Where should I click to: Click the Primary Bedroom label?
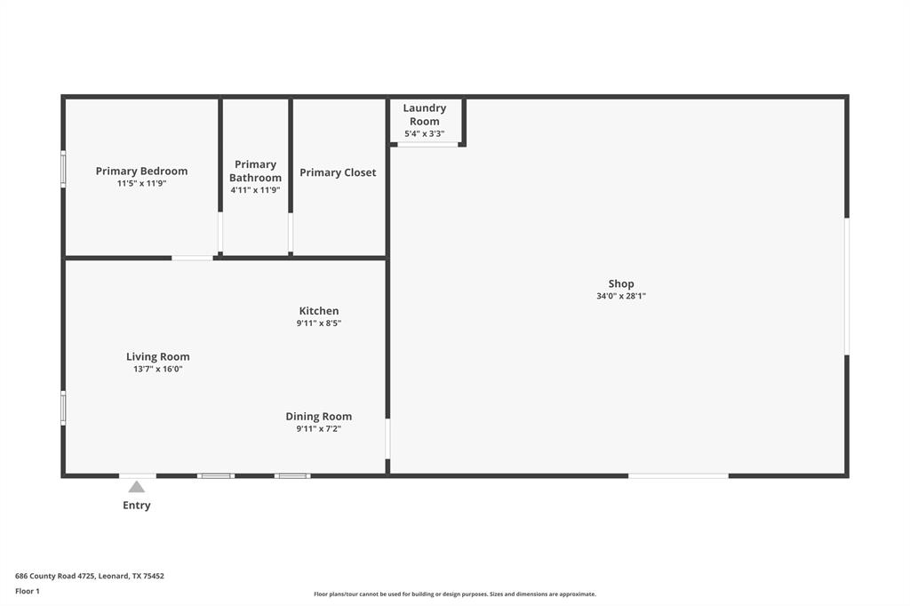(141, 171)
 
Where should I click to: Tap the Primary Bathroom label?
(255, 171)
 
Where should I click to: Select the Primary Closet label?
(338, 172)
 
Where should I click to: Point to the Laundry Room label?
(425, 115)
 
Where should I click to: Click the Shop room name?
(621, 284)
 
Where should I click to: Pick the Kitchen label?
(318, 311)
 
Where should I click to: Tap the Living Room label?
(158, 356)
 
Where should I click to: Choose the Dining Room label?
(318, 416)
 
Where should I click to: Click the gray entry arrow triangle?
(136, 487)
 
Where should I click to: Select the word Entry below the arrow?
(136, 506)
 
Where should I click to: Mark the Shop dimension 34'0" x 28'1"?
(621, 297)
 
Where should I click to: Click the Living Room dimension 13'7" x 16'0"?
(158, 369)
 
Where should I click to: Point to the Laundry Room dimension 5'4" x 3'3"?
(425, 134)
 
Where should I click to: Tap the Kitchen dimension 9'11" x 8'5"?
(318, 323)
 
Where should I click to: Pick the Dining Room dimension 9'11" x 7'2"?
(318, 428)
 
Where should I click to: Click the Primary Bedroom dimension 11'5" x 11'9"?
(141, 183)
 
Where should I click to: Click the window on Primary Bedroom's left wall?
(63, 169)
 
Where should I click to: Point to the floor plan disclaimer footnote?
(454, 594)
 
